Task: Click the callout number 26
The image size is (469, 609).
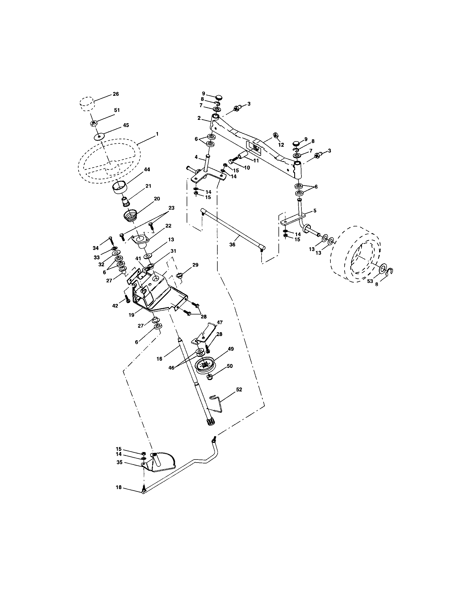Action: [x=116, y=94]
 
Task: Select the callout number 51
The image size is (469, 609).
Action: [x=117, y=110]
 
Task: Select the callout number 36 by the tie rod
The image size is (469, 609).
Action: [x=232, y=244]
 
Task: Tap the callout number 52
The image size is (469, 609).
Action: [x=239, y=389]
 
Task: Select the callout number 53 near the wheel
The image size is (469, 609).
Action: [x=369, y=281]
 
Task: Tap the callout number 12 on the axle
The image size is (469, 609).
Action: [x=281, y=145]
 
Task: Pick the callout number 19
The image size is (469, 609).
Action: [x=131, y=315]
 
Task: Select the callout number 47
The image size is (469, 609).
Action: [x=220, y=322]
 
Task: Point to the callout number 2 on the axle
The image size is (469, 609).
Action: [x=199, y=118]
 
